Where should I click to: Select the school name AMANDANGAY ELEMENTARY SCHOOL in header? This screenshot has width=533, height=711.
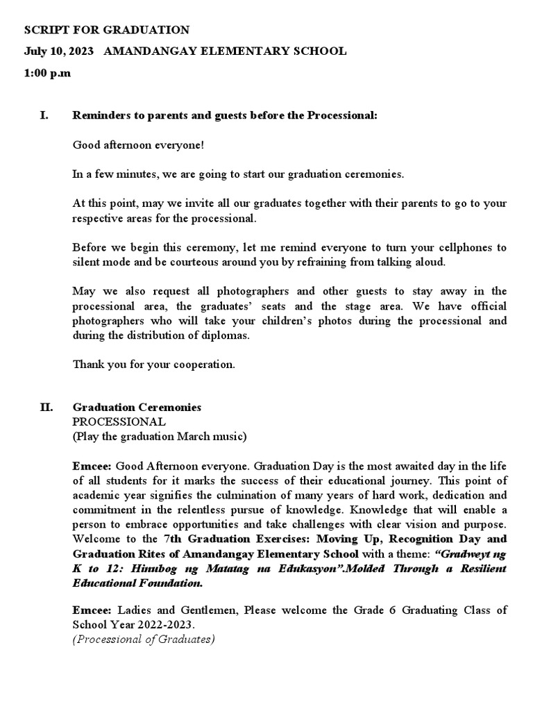224,51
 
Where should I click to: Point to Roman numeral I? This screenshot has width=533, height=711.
44,115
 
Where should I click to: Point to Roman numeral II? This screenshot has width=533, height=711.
46,408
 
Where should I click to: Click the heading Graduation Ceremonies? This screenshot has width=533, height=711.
137,408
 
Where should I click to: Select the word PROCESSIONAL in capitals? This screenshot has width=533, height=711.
119,421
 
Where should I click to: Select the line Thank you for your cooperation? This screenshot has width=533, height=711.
153,365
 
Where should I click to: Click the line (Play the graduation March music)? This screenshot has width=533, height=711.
159,436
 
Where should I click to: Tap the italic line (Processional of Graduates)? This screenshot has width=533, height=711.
144,639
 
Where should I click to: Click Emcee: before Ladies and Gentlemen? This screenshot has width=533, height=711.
92,610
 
